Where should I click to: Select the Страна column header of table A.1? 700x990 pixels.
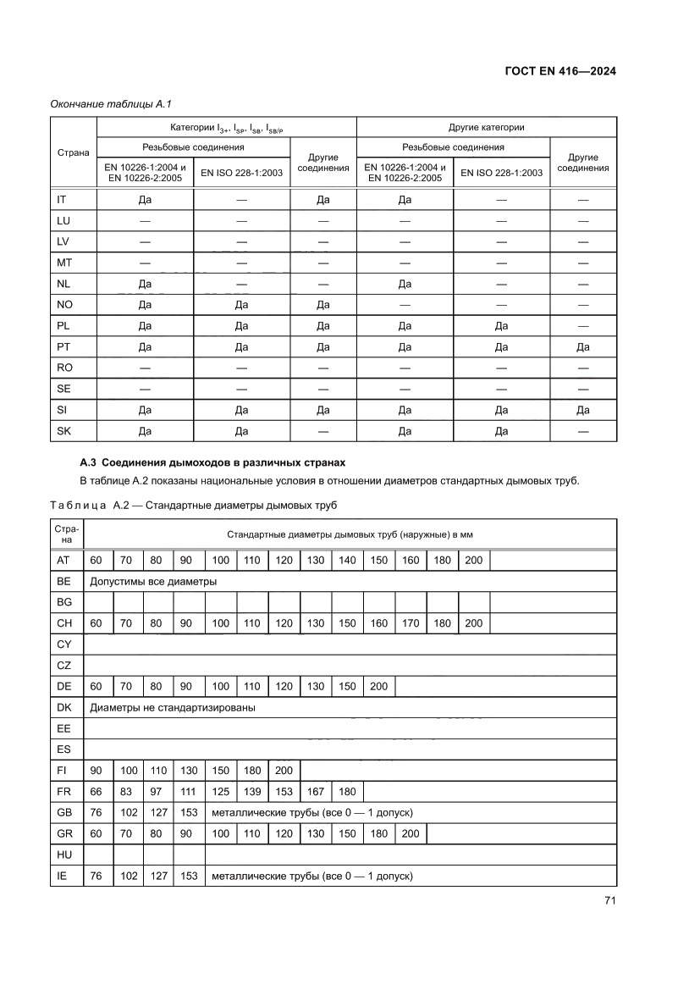pyautogui.click(x=73, y=153)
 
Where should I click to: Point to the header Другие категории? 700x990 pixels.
pyautogui.click(x=486, y=127)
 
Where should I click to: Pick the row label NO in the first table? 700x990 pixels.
pyautogui.click(x=64, y=305)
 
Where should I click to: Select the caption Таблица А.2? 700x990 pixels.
pyautogui.click(x=193, y=506)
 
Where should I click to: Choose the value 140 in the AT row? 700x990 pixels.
pyautogui.click(x=347, y=561)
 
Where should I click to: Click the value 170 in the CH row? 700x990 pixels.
pyautogui.click(x=411, y=623)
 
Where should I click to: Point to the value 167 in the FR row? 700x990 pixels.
pyautogui.click(x=315, y=792)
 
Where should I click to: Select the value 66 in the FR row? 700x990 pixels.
pyautogui.click(x=96, y=792)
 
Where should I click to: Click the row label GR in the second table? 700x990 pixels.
pyautogui.click(x=63, y=834)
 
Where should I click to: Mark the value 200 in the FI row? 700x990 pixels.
pyautogui.click(x=284, y=771)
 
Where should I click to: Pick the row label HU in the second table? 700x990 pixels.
pyautogui.click(x=63, y=854)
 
